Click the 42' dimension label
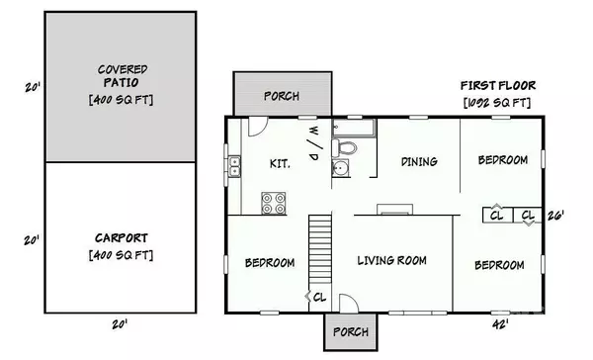pyautogui.click(x=500, y=323)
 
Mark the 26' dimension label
pyautogui.click(x=555, y=215)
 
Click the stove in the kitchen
pyautogui.click(x=274, y=203)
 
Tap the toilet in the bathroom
pyautogui.click(x=345, y=146)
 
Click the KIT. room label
pyautogui.click(x=280, y=163)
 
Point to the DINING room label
pyautogui.click(x=419, y=161)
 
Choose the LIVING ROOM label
pyautogui.click(x=391, y=261)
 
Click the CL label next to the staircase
pyautogui.click(x=319, y=296)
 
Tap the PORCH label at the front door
pyautogui.click(x=351, y=331)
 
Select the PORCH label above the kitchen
pyautogui.click(x=281, y=96)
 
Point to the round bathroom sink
pyautogui.click(x=341, y=168)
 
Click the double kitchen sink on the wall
pyautogui.click(x=234, y=166)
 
